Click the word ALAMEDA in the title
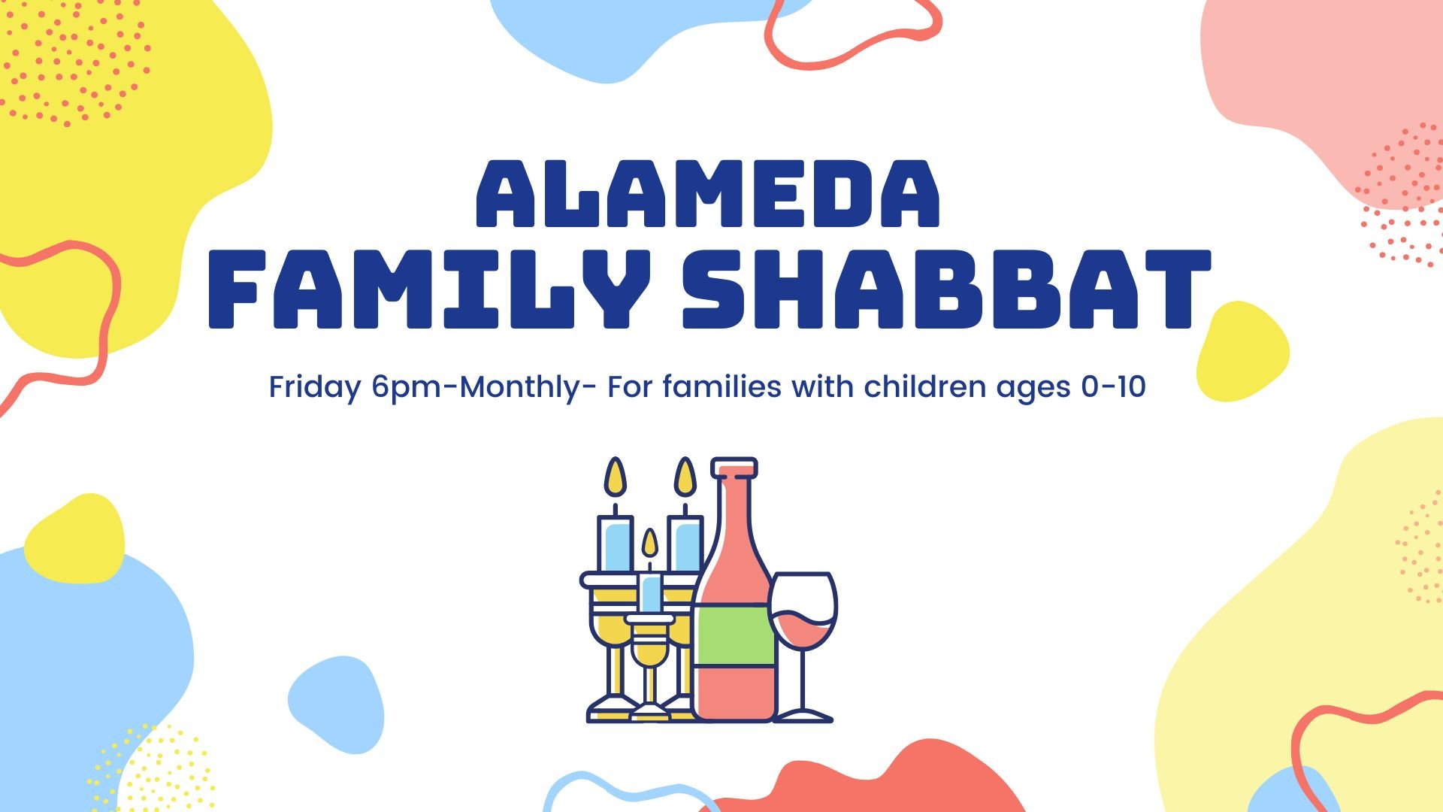tap(708, 194)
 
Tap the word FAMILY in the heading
tap(429, 290)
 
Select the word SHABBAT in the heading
tap(946, 290)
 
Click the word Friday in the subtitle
tap(315, 387)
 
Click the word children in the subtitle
tap(924, 387)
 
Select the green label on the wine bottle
tap(734, 635)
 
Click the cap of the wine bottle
tap(734, 467)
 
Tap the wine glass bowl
tap(803, 609)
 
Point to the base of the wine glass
tap(803, 714)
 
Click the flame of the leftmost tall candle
tap(616, 477)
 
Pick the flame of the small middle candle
tap(649, 544)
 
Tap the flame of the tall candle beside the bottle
tap(685, 477)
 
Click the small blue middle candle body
tap(650, 593)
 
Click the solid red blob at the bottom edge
tap(887, 786)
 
